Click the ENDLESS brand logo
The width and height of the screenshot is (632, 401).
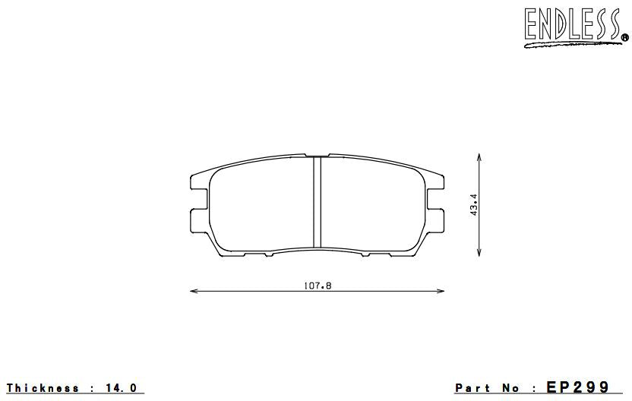click(x=571, y=26)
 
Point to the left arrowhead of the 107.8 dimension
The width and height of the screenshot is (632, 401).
click(x=193, y=290)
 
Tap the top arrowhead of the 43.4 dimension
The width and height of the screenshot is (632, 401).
click(x=479, y=156)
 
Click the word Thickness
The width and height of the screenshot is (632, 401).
click(x=43, y=388)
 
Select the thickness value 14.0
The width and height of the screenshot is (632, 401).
click(x=122, y=388)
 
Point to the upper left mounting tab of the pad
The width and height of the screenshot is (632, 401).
click(x=197, y=183)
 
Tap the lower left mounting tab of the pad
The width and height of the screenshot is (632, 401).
click(x=197, y=219)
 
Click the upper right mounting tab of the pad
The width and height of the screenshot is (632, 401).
click(x=438, y=183)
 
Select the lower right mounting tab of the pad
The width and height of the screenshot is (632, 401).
click(x=438, y=219)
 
